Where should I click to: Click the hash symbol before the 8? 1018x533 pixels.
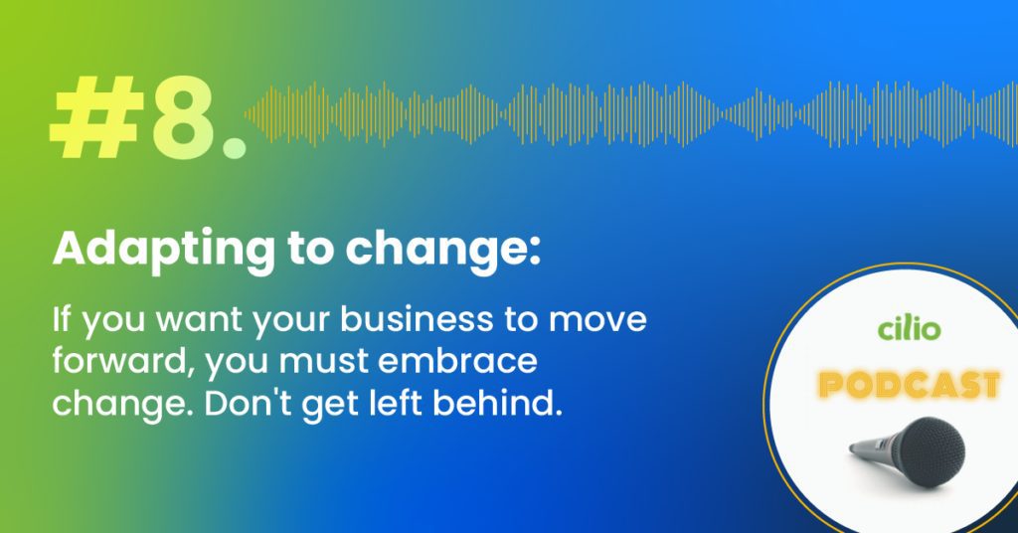[x=97, y=118]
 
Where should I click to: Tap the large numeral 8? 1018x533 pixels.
[x=184, y=118]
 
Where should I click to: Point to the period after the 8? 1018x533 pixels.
[x=235, y=147]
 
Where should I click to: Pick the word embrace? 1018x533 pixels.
[x=457, y=361]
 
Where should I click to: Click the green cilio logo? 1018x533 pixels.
[x=909, y=328]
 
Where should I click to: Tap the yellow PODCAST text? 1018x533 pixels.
[x=909, y=385]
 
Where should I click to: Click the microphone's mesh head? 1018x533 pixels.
[x=933, y=452]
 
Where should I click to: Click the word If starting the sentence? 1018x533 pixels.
[x=61, y=319]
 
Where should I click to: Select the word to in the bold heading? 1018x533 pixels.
[x=310, y=250]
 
